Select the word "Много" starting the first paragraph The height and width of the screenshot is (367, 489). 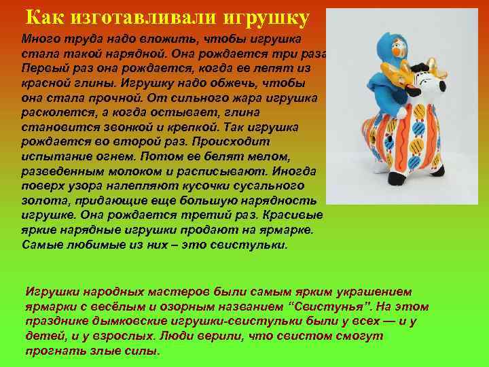coord(39,39)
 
